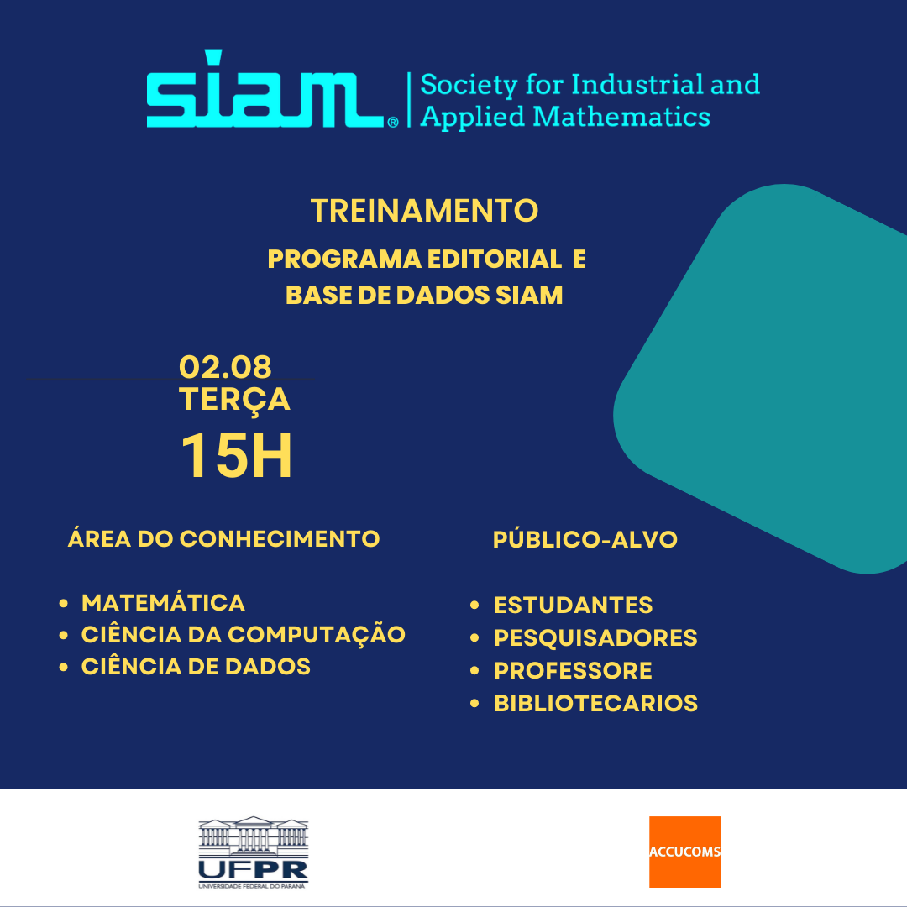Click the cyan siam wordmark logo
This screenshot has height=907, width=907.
coord(272,89)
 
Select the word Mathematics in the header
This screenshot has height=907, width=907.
coord(621,117)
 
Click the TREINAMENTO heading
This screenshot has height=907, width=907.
coord(425,210)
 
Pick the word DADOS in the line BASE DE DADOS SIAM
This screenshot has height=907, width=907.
coord(443,295)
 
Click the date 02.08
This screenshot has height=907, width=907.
coord(225,366)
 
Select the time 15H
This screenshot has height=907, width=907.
coord(236,456)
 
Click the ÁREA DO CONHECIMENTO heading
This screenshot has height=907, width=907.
coord(224,538)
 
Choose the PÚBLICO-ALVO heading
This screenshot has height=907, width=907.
coord(585,539)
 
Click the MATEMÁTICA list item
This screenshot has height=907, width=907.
coord(163,602)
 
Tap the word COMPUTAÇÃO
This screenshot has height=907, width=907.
coord(317,635)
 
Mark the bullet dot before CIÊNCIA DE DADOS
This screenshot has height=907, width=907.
coord(64,667)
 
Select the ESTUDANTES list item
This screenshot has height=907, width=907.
coord(574,605)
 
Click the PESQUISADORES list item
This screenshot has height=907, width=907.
coord(595,637)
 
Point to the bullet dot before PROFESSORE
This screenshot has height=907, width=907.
coord(474,671)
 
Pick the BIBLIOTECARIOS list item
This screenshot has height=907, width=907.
coord(595,704)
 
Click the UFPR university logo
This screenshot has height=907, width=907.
coord(254,852)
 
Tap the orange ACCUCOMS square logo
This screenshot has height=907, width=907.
coord(685,852)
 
